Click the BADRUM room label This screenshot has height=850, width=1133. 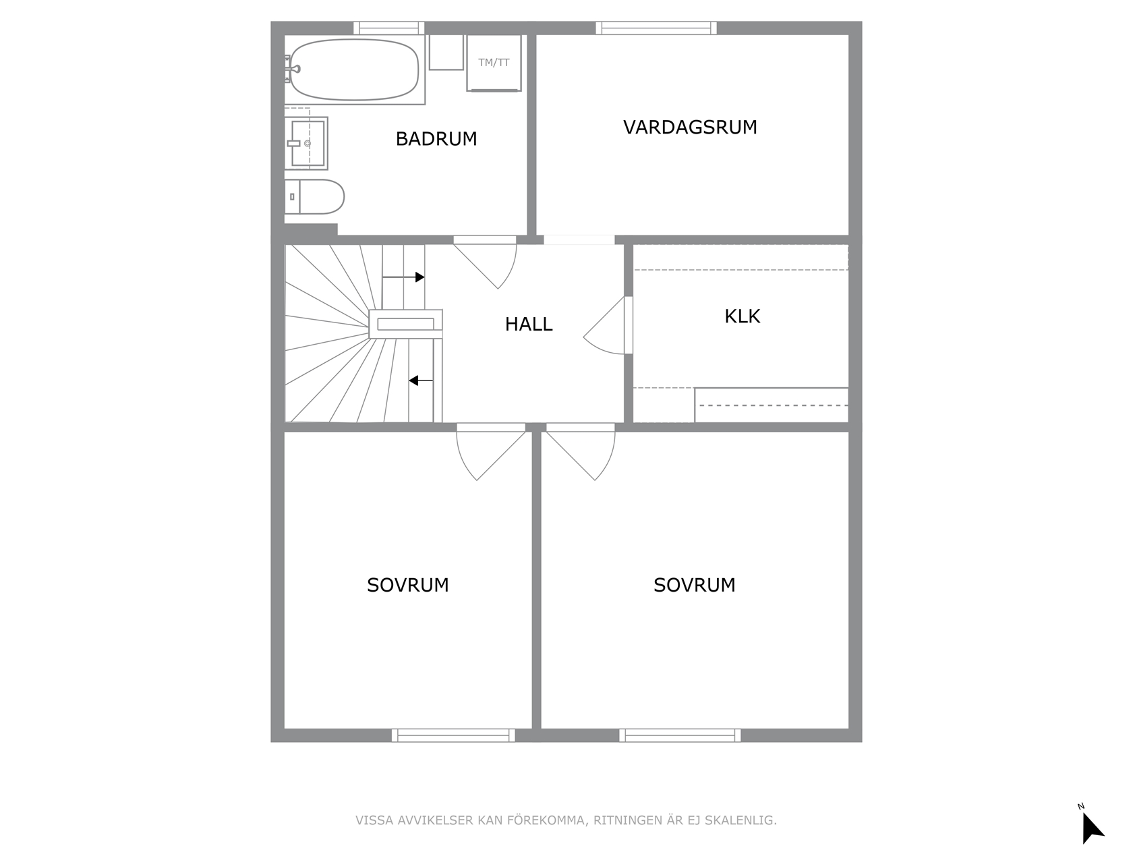[436, 139]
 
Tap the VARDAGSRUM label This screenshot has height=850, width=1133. [690, 128]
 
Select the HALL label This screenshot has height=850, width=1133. [529, 324]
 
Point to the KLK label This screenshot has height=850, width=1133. [743, 316]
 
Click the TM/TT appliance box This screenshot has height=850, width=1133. [494, 63]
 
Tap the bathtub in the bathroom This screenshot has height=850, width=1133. [354, 69]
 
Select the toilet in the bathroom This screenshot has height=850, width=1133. [314, 196]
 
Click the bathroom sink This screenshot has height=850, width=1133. [307, 143]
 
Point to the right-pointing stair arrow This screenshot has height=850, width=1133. [403, 277]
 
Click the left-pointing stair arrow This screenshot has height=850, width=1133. [421, 381]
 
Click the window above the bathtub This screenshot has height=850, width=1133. [388, 28]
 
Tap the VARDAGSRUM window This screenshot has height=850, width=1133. [656, 28]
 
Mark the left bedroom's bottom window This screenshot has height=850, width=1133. [453, 735]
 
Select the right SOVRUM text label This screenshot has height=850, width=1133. [694, 586]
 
